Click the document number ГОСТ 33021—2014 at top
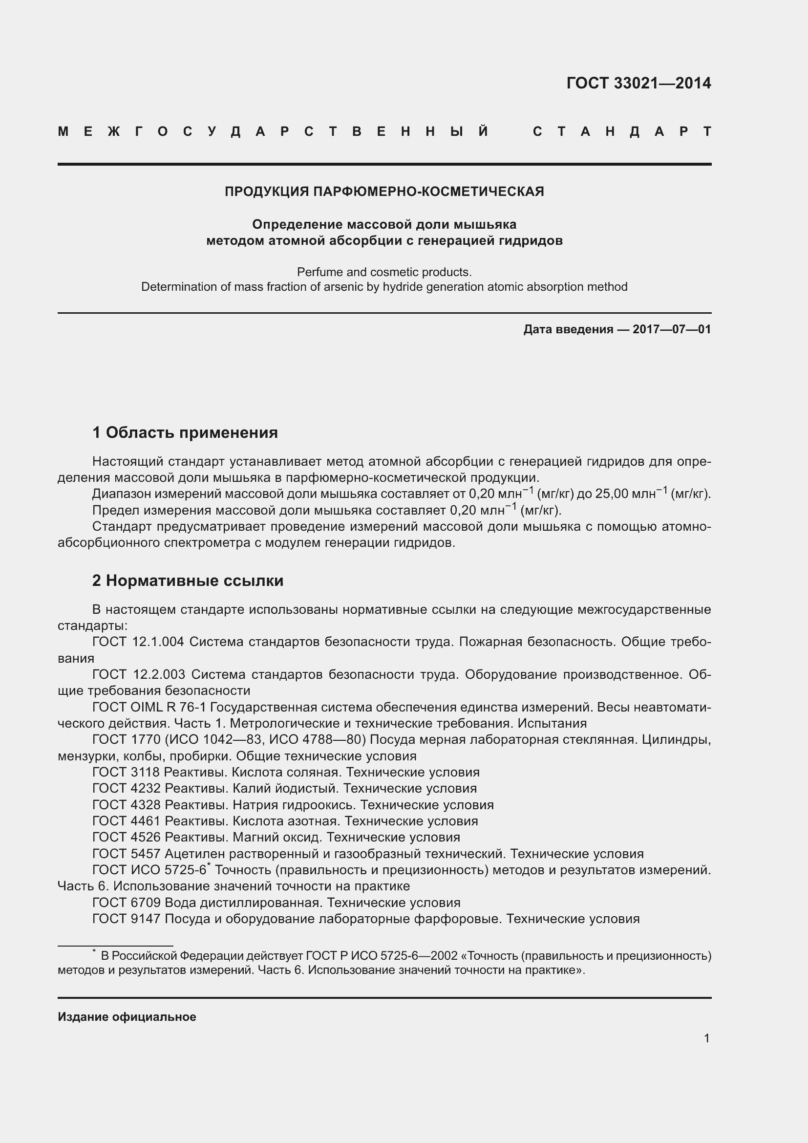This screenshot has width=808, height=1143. (638, 83)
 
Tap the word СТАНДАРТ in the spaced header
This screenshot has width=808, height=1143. (622, 132)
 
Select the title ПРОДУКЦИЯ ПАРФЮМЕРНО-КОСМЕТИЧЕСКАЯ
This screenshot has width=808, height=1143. (384, 192)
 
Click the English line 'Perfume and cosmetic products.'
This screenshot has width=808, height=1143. (384, 272)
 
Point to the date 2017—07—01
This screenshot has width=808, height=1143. (672, 329)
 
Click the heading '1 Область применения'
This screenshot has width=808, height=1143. (185, 432)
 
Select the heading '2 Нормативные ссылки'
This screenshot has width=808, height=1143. (188, 581)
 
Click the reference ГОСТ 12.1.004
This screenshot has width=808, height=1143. (138, 642)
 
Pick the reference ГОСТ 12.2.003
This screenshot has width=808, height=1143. (138, 674)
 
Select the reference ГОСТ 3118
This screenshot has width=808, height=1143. (126, 772)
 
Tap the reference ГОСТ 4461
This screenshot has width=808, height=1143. (126, 821)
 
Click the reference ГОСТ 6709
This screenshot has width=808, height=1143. (126, 903)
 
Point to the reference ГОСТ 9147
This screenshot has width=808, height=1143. (126, 919)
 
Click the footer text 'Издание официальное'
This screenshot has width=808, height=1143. (127, 1017)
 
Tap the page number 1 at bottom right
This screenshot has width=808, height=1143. (706, 1038)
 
